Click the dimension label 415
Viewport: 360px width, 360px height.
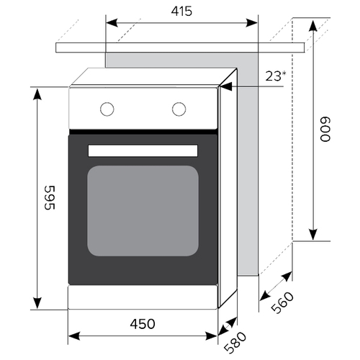click(x=181, y=12)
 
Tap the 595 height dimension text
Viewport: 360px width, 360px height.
click(x=50, y=197)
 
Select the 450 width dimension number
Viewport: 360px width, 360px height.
click(x=143, y=324)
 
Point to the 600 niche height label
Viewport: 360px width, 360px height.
click(x=325, y=129)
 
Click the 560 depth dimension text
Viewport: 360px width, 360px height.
click(x=282, y=302)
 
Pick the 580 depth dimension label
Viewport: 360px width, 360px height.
click(x=235, y=343)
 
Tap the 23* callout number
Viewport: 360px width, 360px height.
click(x=276, y=76)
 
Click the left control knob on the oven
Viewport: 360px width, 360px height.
click(x=107, y=109)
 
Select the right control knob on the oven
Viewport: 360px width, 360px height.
click(x=179, y=109)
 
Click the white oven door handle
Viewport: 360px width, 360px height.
click(x=143, y=150)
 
